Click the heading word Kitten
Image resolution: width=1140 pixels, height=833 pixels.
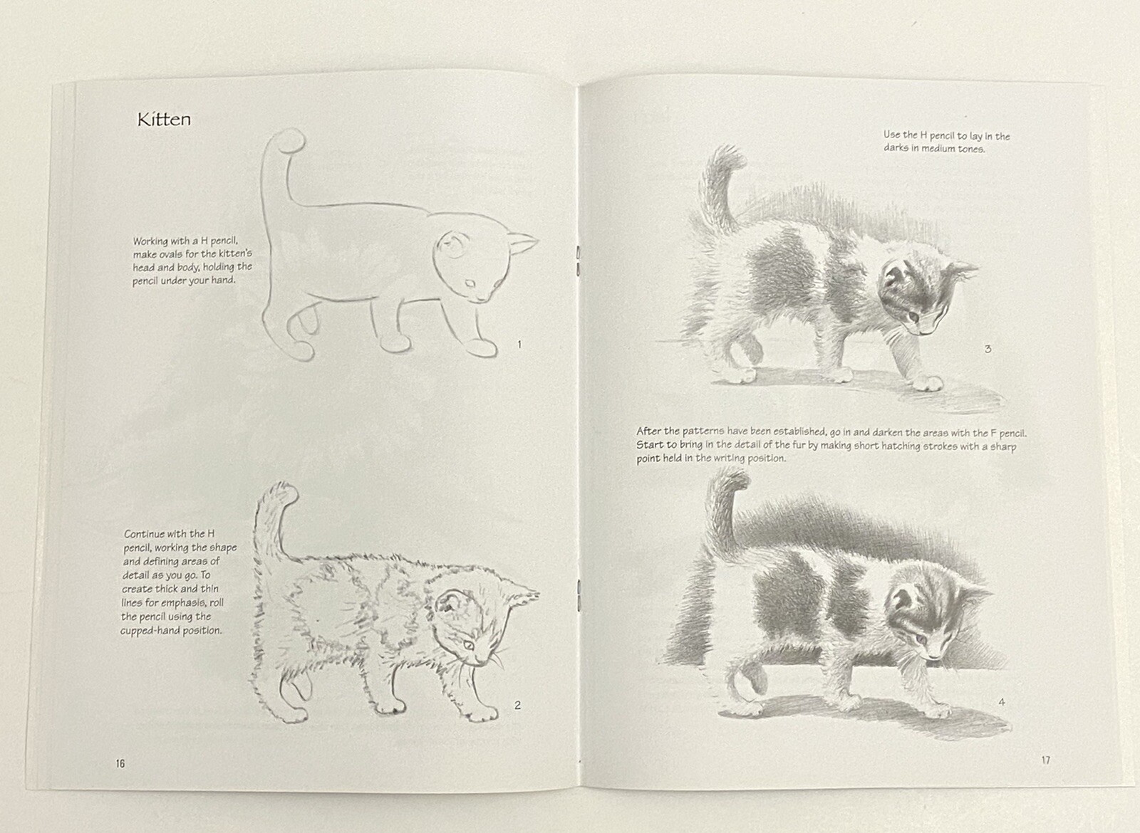pos(164,119)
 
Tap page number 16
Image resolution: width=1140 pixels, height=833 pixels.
pos(120,763)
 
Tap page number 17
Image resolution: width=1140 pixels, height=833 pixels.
pos(1045,760)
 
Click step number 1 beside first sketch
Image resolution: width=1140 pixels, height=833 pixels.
pos(519,345)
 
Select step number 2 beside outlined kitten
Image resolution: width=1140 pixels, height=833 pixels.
pos(517,705)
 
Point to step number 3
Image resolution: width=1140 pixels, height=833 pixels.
pos(988,349)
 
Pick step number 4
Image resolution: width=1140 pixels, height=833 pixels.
pos(1001,702)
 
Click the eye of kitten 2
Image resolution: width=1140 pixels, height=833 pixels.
pos(468,644)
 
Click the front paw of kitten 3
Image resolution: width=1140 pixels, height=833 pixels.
pos(928,384)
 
